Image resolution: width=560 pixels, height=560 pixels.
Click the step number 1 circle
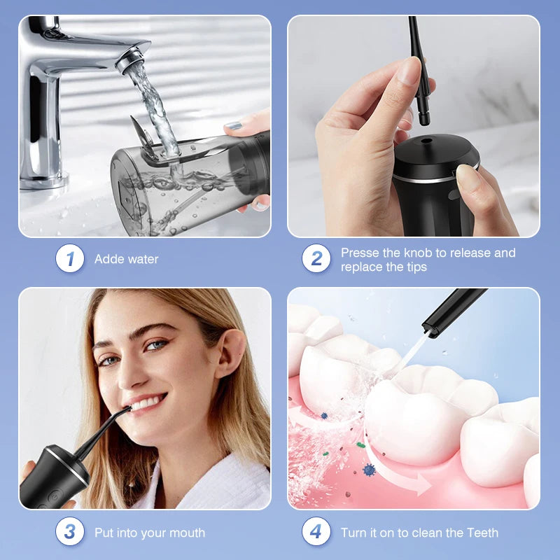(70, 259)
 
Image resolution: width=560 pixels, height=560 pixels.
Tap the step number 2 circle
(316, 259)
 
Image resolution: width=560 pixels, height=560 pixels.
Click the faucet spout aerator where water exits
(132, 62)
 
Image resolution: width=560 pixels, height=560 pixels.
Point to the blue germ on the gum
(369, 470)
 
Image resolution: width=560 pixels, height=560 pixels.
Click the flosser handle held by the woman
(52, 476)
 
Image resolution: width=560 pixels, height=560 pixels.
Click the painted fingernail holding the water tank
(234, 127)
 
